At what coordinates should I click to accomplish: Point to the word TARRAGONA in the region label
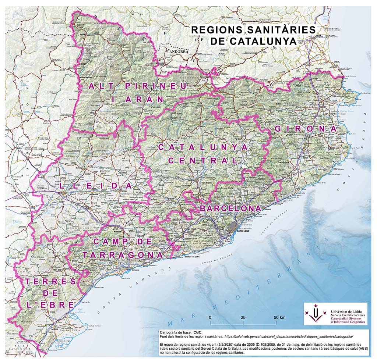coord(123,255)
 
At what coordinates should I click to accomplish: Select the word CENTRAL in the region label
coord(203,161)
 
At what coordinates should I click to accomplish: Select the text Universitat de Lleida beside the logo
coord(348,311)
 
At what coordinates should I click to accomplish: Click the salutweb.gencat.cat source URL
coord(289,336)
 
